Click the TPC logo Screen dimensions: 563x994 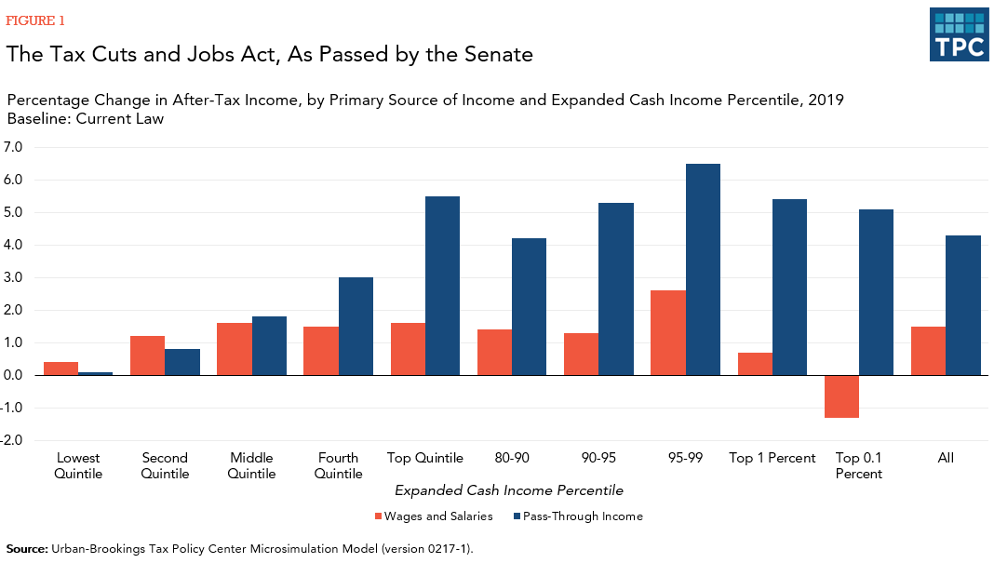click(959, 34)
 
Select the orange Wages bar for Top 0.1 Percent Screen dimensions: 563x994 click(841, 396)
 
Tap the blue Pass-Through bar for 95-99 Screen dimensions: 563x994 click(703, 270)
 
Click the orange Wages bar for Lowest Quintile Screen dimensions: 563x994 click(60, 369)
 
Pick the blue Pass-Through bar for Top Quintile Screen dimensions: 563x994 click(442, 286)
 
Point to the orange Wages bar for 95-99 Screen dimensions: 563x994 click(668, 332)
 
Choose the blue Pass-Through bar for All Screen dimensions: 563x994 click(963, 305)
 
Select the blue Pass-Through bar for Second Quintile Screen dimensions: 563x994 click(182, 362)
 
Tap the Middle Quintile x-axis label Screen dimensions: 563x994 click(251, 465)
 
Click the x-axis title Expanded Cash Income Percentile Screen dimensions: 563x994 click(508, 489)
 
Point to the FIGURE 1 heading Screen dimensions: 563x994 click(36, 20)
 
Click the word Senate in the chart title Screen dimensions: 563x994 click(498, 55)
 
